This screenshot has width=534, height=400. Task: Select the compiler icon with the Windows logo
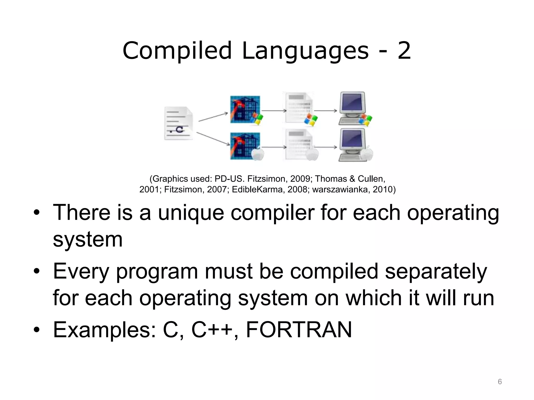[245, 110]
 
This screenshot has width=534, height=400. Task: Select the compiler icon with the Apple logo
[245, 146]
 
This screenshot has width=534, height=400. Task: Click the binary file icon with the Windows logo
[299, 109]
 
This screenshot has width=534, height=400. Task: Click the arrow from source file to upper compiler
[213, 117]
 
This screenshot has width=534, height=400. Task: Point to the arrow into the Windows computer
[325, 111]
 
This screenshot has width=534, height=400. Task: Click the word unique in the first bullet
[191, 213]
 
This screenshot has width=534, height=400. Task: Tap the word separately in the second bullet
[436, 272]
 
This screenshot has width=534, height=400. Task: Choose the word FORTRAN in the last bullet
[299, 330]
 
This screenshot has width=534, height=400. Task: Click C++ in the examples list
[211, 330]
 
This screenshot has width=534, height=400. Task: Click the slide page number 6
[500, 382]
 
